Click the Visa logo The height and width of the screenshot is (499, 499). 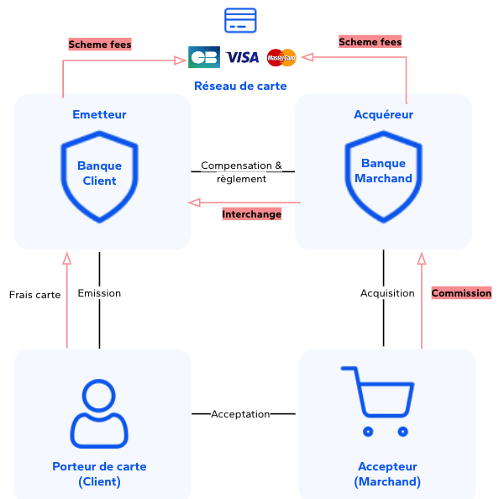click(x=243, y=57)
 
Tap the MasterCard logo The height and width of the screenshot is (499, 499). click(x=281, y=57)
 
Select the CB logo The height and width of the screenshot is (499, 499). click(x=204, y=57)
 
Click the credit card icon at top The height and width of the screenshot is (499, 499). click(x=240, y=20)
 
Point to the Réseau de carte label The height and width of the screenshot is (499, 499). click(x=240, y=86)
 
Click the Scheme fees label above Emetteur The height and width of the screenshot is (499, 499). click(x=100, y=45)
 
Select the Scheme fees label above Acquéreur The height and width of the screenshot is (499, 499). click(x=370, y=41)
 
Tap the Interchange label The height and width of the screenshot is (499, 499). click(x=251, y=214)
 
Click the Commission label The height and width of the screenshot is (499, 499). click(x=461, y=293)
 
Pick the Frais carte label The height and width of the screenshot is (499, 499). click(x=34, y=295)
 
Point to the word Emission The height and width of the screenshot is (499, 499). click(x=99, y=293)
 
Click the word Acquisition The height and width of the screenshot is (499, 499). click(x=387, y=293)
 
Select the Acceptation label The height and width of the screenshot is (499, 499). click(x=240, y=414)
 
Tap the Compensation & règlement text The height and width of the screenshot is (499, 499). click(x=242, y=172)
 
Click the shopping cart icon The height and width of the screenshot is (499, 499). click(x=376, y=402)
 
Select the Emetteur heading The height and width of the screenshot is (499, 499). click(x=99, y=114)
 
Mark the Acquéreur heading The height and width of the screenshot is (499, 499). click(x=383, y=114)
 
